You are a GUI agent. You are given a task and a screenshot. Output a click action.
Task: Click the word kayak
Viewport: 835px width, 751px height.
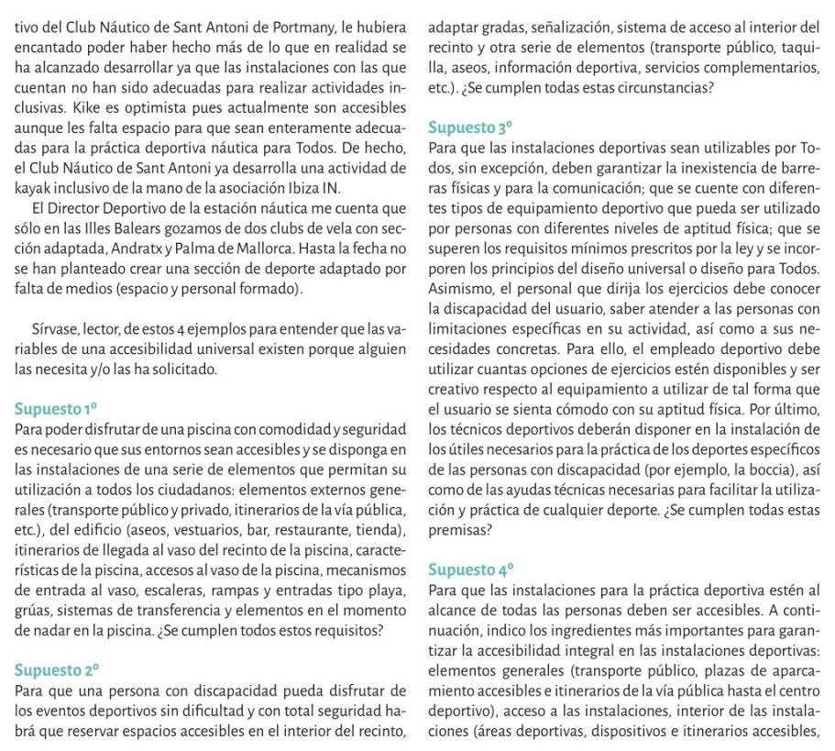(x=34, y=189)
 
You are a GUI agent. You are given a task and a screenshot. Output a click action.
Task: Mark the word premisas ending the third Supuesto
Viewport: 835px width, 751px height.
(x=457, y=529)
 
